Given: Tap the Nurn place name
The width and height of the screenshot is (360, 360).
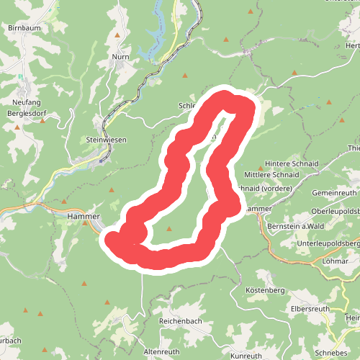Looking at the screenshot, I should [x=120, y=55].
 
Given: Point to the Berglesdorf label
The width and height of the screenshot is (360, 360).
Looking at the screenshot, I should [x=27, y=113].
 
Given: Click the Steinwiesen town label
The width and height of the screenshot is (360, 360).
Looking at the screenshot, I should [x=106, y=140].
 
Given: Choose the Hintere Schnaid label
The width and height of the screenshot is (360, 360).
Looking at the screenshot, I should [x=292, y=163].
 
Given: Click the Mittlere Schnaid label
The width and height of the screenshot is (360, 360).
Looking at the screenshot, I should [x=271, y=174].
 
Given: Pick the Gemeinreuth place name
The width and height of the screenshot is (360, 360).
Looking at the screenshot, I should [x=334, y=194].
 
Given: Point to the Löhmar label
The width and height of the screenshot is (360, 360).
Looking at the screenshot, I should [x=336, y=260].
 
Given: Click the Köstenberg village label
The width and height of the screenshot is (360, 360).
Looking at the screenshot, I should [x=266, y=290].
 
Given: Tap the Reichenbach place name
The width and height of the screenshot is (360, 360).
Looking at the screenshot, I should [x=180, y=320].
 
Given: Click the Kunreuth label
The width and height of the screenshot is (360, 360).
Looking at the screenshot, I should [x=246, y=356].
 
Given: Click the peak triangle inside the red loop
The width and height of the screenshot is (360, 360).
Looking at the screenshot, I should [x=169, y=229].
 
